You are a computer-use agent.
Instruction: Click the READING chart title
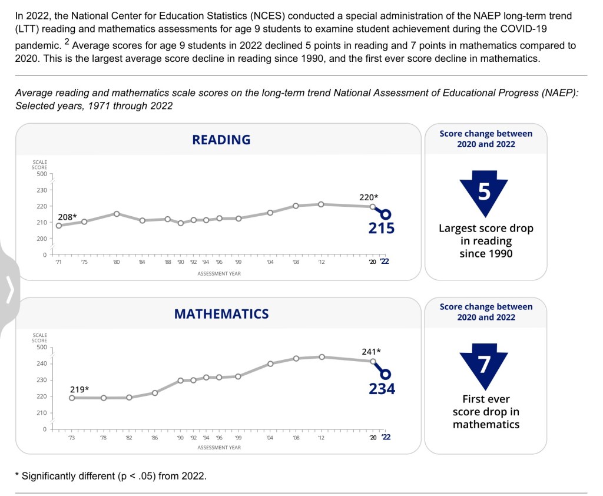pyautogui.click(x=221, y=140)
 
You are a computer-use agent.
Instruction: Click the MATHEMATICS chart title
pyautogui.click(x=221, y=314)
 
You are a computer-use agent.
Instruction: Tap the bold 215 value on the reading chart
pyautogui.click(x=382, y=228)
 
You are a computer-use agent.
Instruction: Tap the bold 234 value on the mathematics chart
pyautogui.click(x=382, y=389)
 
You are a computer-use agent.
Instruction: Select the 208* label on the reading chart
pyautogui.click(x=68, y=217)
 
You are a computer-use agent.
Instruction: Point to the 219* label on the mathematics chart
pyautogui.click(x=79, y=389)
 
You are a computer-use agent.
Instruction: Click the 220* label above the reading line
pyautogui.click(x=369, y=197)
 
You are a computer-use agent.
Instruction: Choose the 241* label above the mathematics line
pyautogui.click(x=371, y=352)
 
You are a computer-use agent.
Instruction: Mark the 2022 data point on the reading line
pyautogui.click(x=386, y=214)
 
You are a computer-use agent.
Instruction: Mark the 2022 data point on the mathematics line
pyautogui.click(x=386, y=374)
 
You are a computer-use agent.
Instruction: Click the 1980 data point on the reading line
pyautogui.click(x=117, y=214)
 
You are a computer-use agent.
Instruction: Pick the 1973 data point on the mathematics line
pyautogui.click(x=72, y=398)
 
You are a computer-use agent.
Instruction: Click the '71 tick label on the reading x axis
pyautogui.click(x=59, y=262)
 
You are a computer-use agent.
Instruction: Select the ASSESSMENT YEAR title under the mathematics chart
pyautogui.click(x=218, y=448)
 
